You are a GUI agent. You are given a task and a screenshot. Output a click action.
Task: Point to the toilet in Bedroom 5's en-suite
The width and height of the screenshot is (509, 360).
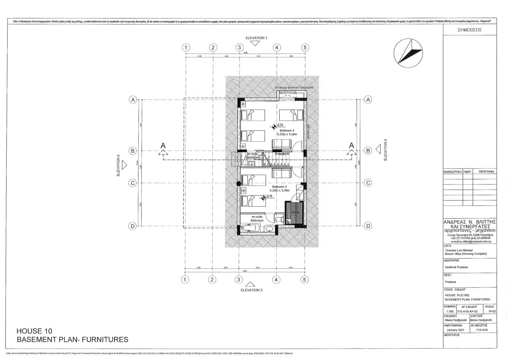click(x=278, y=218)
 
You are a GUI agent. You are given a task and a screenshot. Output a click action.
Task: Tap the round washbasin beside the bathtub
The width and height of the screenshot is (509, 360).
click(x=270, y=229)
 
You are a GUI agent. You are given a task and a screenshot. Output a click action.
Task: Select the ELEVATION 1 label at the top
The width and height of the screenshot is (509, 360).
click(x=256, y=38)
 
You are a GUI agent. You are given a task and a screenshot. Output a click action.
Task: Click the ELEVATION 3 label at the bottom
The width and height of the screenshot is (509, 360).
click(x=251, y=290)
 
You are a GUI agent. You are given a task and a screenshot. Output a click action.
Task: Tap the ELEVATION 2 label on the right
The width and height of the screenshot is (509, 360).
click(x=385, y=149)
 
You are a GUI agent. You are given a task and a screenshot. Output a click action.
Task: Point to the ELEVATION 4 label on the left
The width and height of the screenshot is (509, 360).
click(x=118, y=165)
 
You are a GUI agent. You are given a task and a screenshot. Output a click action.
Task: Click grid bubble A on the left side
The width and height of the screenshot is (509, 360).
click(x=132, y=100)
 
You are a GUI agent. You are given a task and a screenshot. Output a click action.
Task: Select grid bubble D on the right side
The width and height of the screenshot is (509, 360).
click(x=367, y=226)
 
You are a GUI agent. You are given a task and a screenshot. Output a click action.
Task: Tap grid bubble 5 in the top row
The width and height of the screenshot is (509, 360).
click(x=304, y=47)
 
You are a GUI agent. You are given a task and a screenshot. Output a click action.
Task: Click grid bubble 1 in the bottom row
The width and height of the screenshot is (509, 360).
click(x=185, y=280)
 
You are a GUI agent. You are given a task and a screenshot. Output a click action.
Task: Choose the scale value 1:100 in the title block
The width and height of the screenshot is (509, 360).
click(x=449, y=311)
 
